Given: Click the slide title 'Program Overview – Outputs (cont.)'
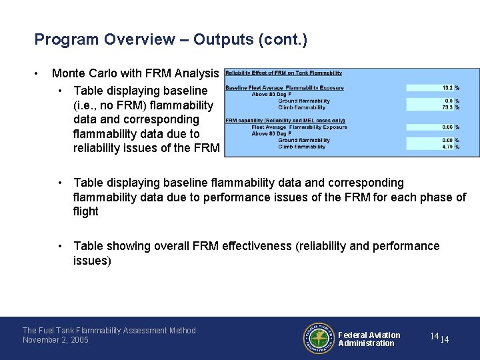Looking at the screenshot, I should click(x=171, y=39).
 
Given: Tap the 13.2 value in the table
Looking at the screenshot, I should click(x=447, y=87).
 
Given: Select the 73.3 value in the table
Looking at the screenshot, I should click(x=447, y=107).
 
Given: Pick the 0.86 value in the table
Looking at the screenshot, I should click(x=447, y=127).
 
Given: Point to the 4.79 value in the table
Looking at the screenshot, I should click(x=447, y=147).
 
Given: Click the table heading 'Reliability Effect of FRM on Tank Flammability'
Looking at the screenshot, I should click(x=284, y=73).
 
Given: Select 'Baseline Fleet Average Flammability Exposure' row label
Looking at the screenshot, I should click(x=285, y=87).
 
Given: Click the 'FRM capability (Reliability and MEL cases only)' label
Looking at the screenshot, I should click(x=279, y=121).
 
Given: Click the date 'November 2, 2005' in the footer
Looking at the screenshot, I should click(x=56, y=340).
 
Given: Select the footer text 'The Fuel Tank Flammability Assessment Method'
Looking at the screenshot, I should click(x=109, y=330).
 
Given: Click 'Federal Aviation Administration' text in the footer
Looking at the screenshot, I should click(x=369, y=339).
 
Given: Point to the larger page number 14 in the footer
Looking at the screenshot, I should click(x=434, y=337).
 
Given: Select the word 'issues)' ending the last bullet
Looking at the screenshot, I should click(x=92, y=261).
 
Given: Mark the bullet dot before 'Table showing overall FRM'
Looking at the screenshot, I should click(x=60, y=246).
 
